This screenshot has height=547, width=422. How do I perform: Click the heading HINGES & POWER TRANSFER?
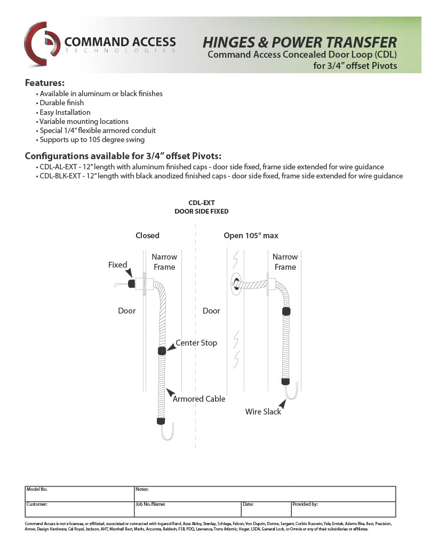coord(300,43)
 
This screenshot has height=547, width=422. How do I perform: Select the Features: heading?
coord(45,83)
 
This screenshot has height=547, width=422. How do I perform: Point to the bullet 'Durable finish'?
coord(61,103)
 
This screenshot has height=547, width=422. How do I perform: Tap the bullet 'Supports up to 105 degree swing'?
coord(92,140)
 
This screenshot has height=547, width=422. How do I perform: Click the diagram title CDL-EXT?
coord(202,203)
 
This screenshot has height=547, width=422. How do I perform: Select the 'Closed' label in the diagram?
coord(147,236)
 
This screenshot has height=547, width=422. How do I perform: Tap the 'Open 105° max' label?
coord(251,236)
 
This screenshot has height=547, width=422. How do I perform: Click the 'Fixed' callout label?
coord(117,265)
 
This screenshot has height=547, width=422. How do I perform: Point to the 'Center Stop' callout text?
coord(196,343)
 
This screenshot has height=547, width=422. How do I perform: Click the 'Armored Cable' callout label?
coord(199,399)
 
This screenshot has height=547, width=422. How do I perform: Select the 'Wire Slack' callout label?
coord(263,412)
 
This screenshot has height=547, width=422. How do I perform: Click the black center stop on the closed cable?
coord(162,351)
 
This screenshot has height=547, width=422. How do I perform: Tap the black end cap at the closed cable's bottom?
coord(160,421)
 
